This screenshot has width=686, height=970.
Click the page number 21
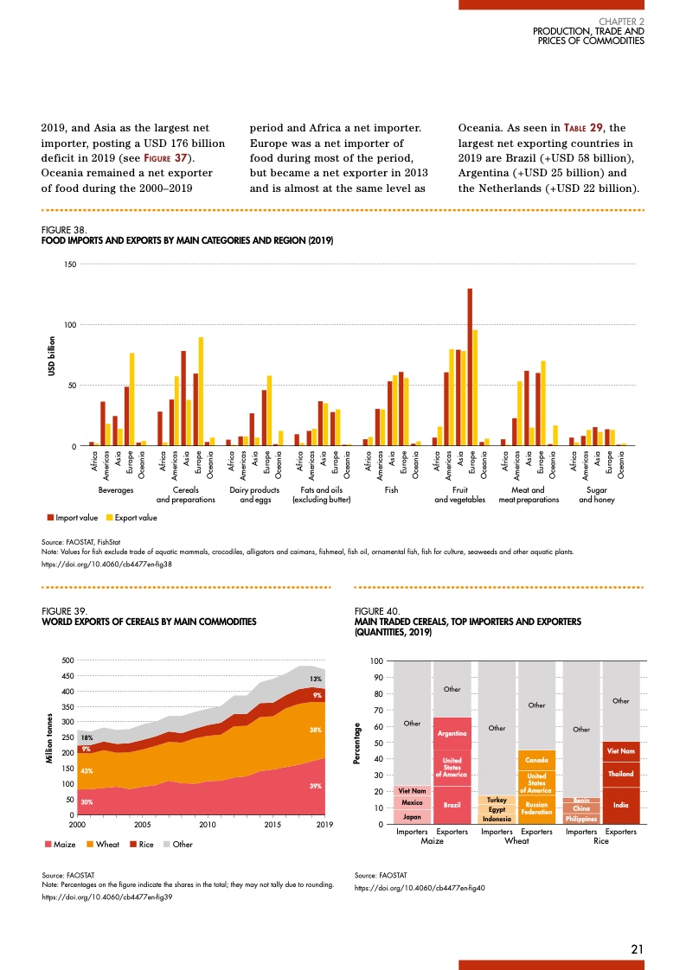637,949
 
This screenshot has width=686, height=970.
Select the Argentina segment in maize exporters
452,733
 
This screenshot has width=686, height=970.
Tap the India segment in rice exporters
620,805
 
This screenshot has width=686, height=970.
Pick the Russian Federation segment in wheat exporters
536,808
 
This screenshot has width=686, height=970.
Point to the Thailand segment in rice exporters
620,774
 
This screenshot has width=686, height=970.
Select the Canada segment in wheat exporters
536,760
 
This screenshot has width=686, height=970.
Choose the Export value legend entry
131,518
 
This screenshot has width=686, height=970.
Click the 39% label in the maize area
316,786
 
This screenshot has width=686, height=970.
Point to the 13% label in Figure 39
317,680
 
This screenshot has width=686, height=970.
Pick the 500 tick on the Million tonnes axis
65,660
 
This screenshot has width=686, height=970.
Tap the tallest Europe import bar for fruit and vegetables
470,367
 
